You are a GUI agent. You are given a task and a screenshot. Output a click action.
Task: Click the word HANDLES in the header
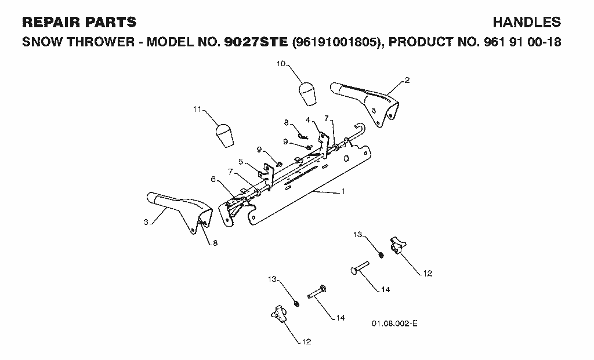pos(527,23)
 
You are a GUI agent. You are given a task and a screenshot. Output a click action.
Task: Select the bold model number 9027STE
pos(256,42)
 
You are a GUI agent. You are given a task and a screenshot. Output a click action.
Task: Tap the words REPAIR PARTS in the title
pos(79,23)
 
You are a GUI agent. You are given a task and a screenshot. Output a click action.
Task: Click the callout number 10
pos(281,64)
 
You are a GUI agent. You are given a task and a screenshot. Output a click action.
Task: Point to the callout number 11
pos(197,109)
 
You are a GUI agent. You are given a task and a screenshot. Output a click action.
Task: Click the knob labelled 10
pos(307,93)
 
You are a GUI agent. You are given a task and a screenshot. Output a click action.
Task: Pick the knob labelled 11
pos(224,135)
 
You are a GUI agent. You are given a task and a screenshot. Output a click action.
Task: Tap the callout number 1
pos(343,191)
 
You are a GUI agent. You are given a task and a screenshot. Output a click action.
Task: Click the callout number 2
pos(407,80)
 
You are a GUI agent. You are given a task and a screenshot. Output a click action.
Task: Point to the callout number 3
pos(146,222)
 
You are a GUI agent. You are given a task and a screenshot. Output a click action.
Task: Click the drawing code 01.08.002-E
pos(394,323)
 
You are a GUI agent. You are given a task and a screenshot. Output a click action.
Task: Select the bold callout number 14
pos(385,290)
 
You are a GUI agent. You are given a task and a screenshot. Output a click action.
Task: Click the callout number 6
pos(213,179)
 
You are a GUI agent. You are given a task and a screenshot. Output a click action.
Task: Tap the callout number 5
pos(241,162)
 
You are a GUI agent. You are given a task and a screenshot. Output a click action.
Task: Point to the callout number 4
pos(307,120)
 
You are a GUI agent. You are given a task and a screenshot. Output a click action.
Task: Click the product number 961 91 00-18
pos(523,42)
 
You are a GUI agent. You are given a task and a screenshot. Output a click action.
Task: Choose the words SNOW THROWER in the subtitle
pos(78,42)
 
